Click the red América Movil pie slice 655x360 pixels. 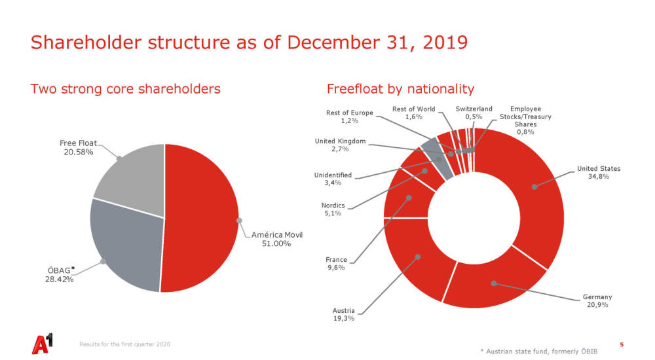click(x=200, y=218)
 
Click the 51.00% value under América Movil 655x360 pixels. click(x=276, y=243)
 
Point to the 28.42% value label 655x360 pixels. click(x=60, y=279)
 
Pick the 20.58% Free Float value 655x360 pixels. click(x=79, y=152)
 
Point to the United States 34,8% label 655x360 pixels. click(x=599, y=173)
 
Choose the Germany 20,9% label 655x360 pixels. click(x=597, y=300)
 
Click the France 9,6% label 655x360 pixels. click(x=336, y=264)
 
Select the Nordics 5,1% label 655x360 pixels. click(x=333, y=209)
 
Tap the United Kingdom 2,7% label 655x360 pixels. click(x=340, y=145)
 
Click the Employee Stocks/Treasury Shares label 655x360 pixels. click(x=525, y=120)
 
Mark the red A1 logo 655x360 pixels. click(x=43, y=343)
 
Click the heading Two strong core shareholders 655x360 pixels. click(x=125, y=89)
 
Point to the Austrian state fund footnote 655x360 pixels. click(x=539, y=351)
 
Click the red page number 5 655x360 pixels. click(x=622, y=344)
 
